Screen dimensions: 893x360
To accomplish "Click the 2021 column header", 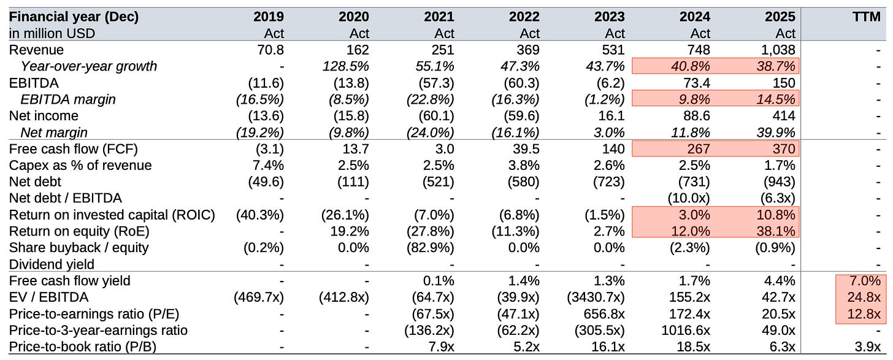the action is (439, 17).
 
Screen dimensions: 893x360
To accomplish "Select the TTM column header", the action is (866, 17).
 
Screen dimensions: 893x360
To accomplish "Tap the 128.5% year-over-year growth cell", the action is (346, 66).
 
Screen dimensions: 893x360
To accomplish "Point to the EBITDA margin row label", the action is (67, 99).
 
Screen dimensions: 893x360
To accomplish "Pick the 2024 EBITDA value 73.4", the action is (697, 83).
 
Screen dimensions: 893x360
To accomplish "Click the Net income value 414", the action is (783, 116).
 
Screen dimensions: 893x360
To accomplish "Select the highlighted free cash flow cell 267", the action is (698, 148).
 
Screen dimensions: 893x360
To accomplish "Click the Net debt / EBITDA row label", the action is (66, 198).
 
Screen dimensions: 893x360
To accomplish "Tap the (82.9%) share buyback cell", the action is (430, 248).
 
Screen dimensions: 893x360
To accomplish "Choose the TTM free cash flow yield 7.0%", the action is (865, 281).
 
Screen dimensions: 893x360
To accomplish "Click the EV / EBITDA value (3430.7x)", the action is (596, 297).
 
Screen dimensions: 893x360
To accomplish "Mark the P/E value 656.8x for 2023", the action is (604, 314).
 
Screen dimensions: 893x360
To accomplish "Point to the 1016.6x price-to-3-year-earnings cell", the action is (685, 331).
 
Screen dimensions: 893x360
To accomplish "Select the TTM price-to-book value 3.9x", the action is (867, 347).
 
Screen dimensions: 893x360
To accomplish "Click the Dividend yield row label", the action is (52, 264).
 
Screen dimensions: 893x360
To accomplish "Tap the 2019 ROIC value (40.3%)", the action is (260, 215).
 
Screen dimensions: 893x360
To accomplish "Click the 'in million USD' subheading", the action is (52, 34).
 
